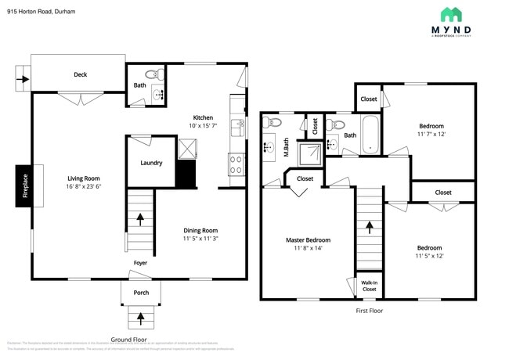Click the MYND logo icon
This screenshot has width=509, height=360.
[450, 14]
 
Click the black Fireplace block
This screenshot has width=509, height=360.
[23, 186]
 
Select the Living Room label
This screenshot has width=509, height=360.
[82, 178]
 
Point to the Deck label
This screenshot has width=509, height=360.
[80, 75]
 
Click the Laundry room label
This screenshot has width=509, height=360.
[151, 163]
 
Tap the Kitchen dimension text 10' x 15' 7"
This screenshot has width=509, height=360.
[204, 126]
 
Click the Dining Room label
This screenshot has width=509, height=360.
[200, 230]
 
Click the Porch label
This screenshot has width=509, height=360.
[141, 293]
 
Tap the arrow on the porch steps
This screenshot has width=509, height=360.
[141, 318]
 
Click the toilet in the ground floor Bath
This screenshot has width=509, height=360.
[159, 75]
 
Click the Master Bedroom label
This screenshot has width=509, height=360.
[306, 239]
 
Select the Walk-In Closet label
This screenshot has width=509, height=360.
[368, 286]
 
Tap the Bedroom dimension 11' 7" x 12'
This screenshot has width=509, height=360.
[431, 134]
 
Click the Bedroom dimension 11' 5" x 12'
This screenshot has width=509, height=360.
[429, 255]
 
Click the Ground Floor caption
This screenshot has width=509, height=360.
[128, 339]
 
